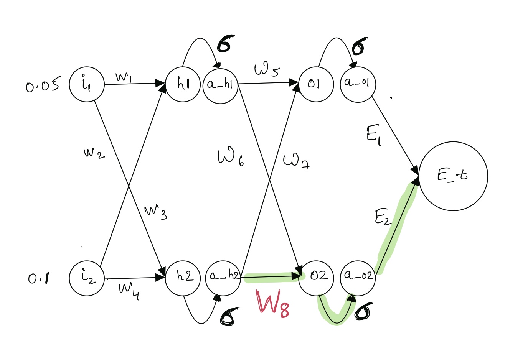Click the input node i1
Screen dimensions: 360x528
[87, 84]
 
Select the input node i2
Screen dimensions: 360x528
[87, 278]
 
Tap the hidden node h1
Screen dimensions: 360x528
[183, 84]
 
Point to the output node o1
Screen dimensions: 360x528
[316, 84]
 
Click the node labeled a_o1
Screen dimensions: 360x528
[358, 84]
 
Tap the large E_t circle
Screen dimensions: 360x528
[453, 176]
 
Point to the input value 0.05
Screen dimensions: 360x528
[43, 85]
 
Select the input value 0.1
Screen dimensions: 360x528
[39, 278]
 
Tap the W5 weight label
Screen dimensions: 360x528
[267, 69]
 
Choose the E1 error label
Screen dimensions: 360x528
[373, 135]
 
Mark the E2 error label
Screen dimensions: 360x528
[383, 217]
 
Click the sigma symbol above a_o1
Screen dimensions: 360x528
[359, 47]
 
